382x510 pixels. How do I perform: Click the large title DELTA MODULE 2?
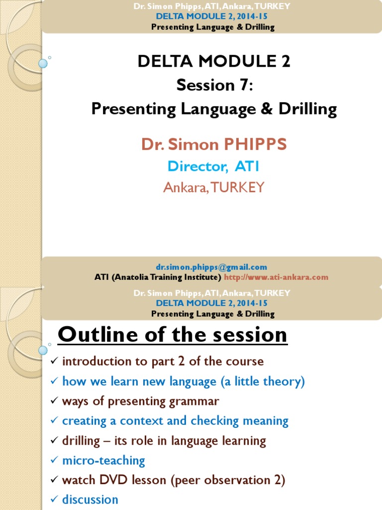click(214, 61)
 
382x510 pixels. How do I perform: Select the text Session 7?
click(214, 85)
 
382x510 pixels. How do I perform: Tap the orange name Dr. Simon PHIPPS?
click(214, 144)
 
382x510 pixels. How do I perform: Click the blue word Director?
click(197, 166)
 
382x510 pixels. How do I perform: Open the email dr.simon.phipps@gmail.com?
click(211, 267)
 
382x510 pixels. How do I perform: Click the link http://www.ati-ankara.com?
click(276, 277)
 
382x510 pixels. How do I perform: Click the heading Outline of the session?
click(173, 334)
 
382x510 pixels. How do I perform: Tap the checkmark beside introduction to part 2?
click(55, 361)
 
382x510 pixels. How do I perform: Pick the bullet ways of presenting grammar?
click(141, 401)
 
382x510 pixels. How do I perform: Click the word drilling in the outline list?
click(81, 441)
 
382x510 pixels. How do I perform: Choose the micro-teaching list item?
click(103, 461)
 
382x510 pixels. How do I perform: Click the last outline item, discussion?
click(90, 500)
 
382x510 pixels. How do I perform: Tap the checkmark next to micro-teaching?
click(55, 460)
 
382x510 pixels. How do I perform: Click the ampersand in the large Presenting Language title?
click(267, 109)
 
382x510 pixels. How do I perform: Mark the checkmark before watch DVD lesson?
click(55, 479)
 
